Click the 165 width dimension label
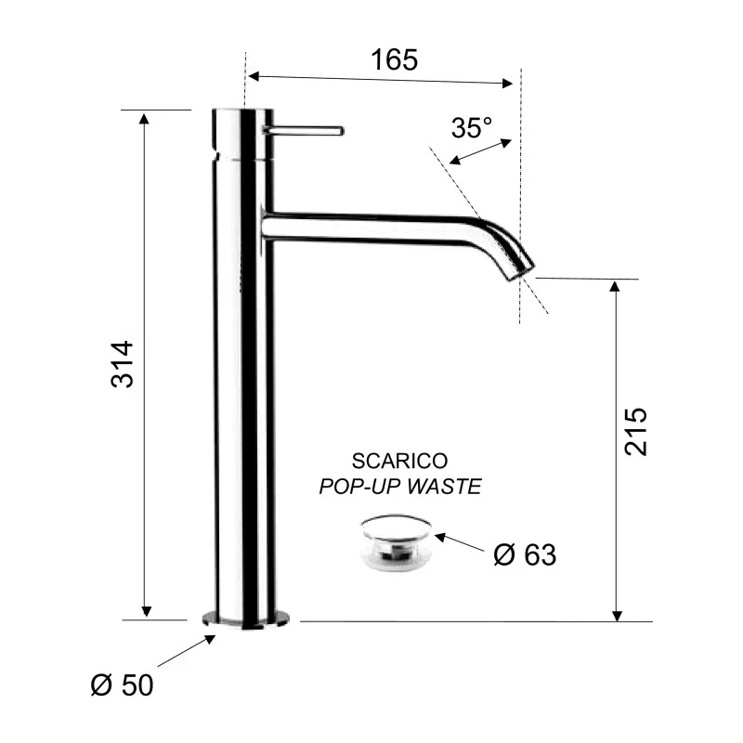pyautogui.click(x=395, y=60)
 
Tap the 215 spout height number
pyautogui.click(x=636, y=430)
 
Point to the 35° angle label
pyautogui.click(x=472, y=127)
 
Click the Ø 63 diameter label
pyautogui.click(x=525, y=555)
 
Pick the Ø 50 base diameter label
pyautogui.click(x=121, y=686)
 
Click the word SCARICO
pyautogui.click(x=400, y=461)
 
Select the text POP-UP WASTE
pyautogui.click(x=400, y=487)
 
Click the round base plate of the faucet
pyautogui.click(x=245, y=619)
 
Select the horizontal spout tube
pyautogui.click(x=371, y=226)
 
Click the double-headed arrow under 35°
pyautogui.click(x=479, y=152)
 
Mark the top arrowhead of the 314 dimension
pyautogui.click(x=144, y=116)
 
